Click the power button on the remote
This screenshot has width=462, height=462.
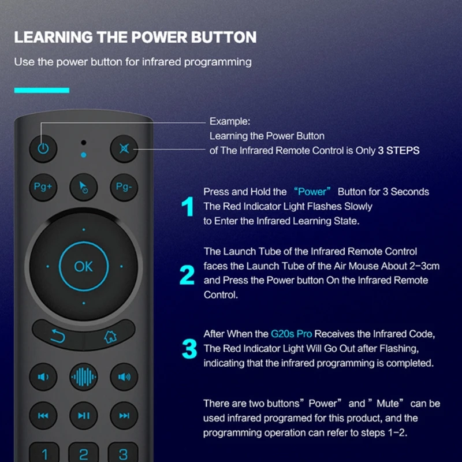(x=43, y=148)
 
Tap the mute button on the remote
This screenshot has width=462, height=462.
(x=124, y=148)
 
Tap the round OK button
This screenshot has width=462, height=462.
(x=84, y=266)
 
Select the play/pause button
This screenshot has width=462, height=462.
(x=84, y=415)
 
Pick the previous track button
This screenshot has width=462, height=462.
(x=43, y=415)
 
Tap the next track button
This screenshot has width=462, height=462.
(x=124, y=415)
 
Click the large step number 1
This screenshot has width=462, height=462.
(x=188, y=207)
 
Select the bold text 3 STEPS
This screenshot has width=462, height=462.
(x=398, y=150)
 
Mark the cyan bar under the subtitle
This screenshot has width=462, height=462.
(x=42, y=90)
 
